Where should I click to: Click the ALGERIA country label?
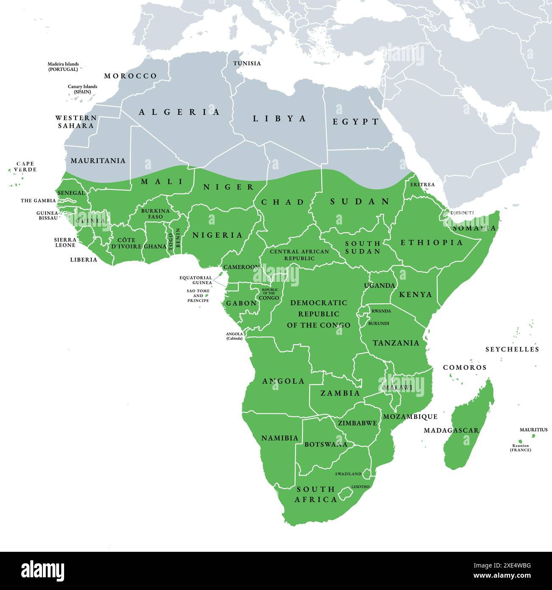click(179, 112)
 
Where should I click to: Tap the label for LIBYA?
click(279, 119)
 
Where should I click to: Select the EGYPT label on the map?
click(355, 122)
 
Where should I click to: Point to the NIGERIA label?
click(217, 235)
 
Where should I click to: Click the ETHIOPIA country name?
click(432, 243)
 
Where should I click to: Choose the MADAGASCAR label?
click(451, 430)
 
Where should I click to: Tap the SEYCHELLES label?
click(512, 349)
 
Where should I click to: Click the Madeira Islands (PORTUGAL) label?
click(63, 67)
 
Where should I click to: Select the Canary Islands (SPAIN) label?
click(82, 89)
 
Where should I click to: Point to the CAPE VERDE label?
click(25, 166)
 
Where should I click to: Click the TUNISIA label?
click(247, 64)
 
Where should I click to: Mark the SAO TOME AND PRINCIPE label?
click(198, 296)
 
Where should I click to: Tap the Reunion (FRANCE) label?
click(521, 448)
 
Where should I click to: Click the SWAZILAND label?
click(348, 474)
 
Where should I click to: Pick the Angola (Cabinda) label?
click(234, 336)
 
